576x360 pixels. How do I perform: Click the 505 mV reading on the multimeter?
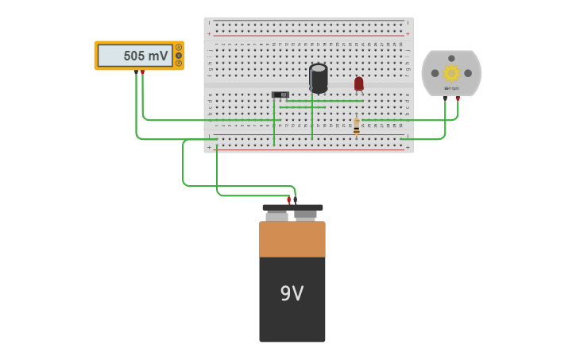click(x=145, y=56)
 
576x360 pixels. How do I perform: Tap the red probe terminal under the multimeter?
click(x=143, y=72)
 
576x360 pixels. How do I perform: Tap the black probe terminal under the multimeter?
click(x=136, y=72)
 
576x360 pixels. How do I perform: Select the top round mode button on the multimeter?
click(x=179, y=48)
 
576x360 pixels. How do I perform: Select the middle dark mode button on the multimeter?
click(x=179, y=56)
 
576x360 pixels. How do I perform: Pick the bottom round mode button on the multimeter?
click(x=179, y=64)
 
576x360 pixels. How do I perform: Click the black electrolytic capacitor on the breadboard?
click(x=319, y=78)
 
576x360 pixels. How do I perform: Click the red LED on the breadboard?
click(x=359, y=83)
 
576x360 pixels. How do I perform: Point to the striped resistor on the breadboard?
click(x=356, y=126)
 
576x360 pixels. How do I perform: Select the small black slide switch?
click(x=280, y=95)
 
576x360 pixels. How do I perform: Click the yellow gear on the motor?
click(x=451, y=73)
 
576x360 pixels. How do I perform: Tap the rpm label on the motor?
click(x=451, y=88)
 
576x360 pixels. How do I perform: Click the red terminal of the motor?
click(x=458, y=99)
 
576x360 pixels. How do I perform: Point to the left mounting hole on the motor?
click(x=435, y=73)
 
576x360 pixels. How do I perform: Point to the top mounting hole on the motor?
click(x=451, y=58)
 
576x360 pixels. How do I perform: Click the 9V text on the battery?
click(x=292, y=294)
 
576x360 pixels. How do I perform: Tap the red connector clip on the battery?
click(x=288, y=200)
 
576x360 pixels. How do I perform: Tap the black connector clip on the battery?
click(x=296, y=200)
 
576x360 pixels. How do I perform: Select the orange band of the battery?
click(x=292, y=239)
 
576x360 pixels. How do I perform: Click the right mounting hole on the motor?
click(x=468, y=73)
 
